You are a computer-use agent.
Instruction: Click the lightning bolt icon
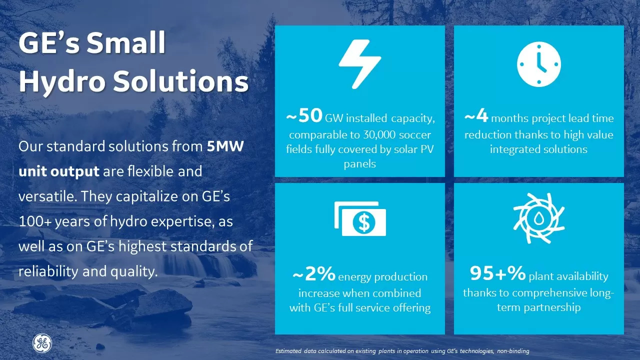click(360, 64)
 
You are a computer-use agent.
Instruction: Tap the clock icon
click(538, 64)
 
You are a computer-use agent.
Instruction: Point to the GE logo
click(42, 343)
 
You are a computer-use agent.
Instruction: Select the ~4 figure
click(476, 116)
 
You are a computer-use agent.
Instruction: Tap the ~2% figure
click(313, 274)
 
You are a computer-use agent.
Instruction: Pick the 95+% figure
click(497, 273)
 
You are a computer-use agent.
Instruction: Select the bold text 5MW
click(225, 147)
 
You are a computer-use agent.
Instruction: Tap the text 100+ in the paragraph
click(34, 222)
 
